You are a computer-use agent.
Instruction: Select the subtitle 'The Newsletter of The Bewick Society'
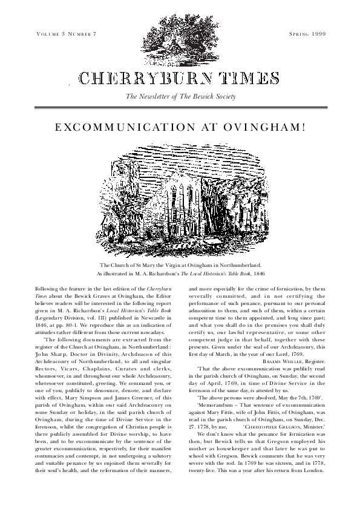tap(180, 97)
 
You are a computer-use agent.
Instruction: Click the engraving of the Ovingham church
tap(180, 203)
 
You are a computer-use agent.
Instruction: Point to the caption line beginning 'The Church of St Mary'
tap(180, 266)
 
